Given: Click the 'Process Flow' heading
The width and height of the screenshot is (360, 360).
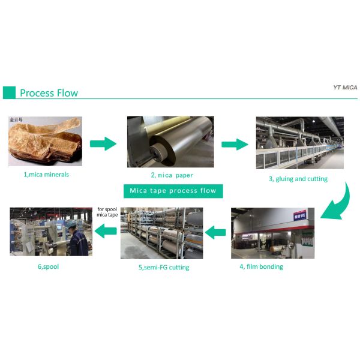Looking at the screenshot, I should [49, 93].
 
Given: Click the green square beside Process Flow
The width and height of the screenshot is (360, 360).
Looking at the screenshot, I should [9, 92].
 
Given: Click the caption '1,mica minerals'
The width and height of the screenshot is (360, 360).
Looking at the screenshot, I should [46, 175].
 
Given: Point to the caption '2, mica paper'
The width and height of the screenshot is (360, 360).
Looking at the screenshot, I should [172, 175].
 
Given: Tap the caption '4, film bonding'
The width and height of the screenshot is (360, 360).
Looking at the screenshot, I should [261, 266].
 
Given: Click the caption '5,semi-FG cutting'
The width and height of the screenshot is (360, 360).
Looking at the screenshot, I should [164, 267].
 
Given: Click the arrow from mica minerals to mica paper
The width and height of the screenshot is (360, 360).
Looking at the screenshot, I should [103, 143].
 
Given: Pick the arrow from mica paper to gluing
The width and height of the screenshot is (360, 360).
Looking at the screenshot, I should [235, 144].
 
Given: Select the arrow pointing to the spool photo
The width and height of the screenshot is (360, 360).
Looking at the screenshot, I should [107, 229].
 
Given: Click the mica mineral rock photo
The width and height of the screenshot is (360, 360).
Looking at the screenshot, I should [45, 144].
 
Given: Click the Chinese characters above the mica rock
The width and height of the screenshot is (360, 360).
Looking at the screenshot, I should [16, 120].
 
